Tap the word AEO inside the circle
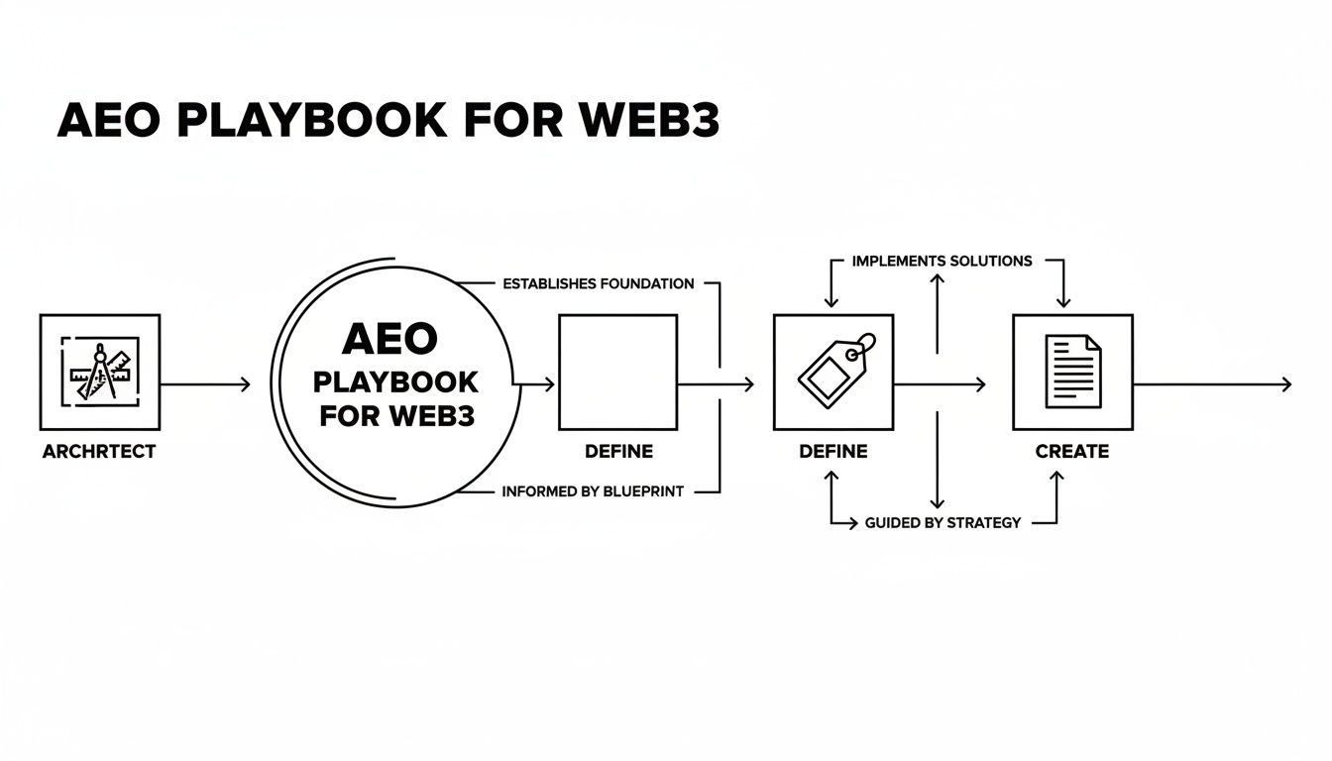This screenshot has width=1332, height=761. [388, 340]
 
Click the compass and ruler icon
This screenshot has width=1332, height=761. [99, 373]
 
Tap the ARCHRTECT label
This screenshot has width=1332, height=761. [99, 452]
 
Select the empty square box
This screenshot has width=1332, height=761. [618, 373]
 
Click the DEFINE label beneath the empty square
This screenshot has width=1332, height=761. [618, 452]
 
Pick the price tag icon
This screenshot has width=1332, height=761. [834, 371]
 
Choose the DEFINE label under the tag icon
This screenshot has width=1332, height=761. [833, 452]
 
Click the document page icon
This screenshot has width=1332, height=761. [1072, 372]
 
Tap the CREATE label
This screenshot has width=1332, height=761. [1072, 452]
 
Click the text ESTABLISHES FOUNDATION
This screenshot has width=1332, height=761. [599, 284]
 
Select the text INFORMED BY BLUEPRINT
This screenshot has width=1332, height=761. [593, 491]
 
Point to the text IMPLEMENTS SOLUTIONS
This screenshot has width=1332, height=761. [942, 262]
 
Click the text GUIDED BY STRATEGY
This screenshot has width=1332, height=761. [943, 522]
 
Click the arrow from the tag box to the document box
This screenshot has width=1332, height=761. [940, 384]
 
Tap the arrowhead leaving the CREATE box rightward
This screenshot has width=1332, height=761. [1286, 384]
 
